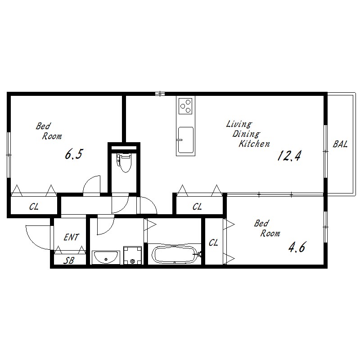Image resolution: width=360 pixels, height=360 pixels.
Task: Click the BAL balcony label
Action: click(x=340, y=144)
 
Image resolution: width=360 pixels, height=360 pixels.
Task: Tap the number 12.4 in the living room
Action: click(x=289, y=156)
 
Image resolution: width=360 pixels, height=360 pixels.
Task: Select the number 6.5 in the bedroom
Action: click(x=73, y=154)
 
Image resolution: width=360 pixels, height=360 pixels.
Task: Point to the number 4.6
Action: click(x=297, y=247)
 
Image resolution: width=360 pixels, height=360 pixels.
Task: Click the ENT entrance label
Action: click(x=71, y=237)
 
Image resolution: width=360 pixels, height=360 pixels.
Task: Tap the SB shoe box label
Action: click(x=69, y=261)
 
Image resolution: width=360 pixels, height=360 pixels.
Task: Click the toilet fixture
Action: click(x=124, y=162)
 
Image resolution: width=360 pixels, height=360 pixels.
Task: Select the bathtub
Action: click(x=175, y=254)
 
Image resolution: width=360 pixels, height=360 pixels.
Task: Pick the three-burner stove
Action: click(x=185, y=106)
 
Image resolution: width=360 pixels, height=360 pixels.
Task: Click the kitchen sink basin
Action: click(x=185, y=140)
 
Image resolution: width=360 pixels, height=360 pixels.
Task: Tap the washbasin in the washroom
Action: click(x=106, y=257)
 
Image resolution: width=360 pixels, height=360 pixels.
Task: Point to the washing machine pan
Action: click(x=132, y=255)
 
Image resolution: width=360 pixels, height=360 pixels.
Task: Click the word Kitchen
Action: click(x=254, y=144)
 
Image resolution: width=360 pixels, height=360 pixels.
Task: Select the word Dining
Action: click(x=246, y=134)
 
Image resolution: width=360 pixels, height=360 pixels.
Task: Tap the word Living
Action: click(x=239, y=124)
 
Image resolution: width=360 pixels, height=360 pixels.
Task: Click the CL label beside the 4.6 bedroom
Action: click(x=213, y=243)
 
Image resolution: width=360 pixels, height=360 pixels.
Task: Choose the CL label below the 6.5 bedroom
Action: click(x=34, y=207)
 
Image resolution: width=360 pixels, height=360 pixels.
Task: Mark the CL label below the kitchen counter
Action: click(x=197, y=207)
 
